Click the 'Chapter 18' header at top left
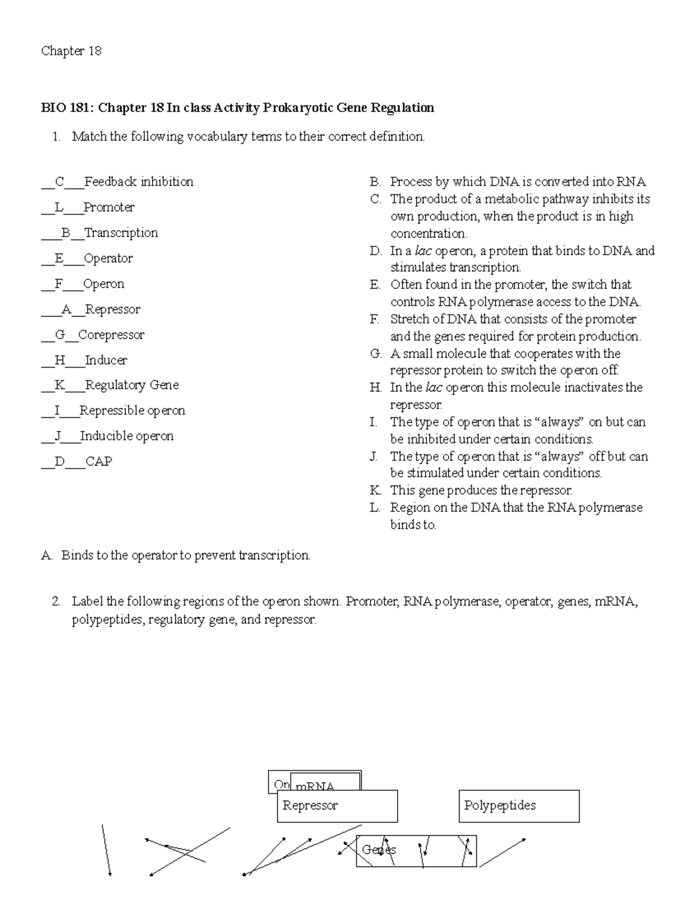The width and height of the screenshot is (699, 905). [x=71, y=51]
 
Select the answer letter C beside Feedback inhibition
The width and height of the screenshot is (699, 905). [x=59, y=182]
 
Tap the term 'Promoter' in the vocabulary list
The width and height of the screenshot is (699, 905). [x=109, y=207]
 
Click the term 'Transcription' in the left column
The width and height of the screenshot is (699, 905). [x=121, y=233]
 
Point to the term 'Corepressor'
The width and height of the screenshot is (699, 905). [x=111, y=335]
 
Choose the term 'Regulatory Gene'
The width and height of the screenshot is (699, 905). [x=132, y=385]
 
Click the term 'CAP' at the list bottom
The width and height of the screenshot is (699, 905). [x=99, y=462]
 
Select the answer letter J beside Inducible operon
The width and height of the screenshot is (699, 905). [x=58, y=436]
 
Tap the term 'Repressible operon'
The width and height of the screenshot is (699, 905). [x=132, y=411]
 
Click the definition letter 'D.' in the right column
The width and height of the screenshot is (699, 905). [x=376, y=251]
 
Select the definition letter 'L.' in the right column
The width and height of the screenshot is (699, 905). [x=375, y=508]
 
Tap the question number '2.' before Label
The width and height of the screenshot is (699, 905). [x=56, y=601]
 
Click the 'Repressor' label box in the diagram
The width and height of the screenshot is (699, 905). [x=337, y=806]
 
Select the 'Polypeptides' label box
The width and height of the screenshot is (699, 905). [x=519, y=806]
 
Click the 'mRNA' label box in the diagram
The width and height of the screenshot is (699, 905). [x=325, y=780]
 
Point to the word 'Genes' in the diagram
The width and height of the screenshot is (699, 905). [x=379, y=850]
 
